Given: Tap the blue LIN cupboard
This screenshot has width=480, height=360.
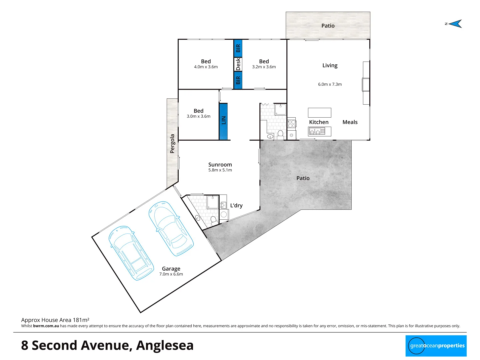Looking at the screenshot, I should tap(223, 121).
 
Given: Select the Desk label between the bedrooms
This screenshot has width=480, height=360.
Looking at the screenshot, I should tap(238, 64).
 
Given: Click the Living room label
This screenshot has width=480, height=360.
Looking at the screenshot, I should tap(330, 66).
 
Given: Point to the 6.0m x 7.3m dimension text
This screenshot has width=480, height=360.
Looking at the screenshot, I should tap(330, 84).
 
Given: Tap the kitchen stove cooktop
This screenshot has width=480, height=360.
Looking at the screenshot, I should tap(292, 124).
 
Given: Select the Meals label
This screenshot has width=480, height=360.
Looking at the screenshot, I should tap(350, 122).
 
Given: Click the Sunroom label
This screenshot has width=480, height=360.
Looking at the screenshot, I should tap(220, 165).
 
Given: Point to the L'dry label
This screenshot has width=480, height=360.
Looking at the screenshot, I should tap(236, 206).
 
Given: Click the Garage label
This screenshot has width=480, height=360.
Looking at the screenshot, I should tap(171, 269).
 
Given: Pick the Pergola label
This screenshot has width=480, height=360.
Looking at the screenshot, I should tap(172, 144).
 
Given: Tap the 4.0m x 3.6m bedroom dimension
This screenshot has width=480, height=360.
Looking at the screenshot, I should tap(206, 67).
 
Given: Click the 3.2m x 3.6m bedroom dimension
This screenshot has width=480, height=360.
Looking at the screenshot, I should tap(264, 67).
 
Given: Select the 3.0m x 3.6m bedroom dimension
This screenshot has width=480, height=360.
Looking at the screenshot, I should tap(198, 116).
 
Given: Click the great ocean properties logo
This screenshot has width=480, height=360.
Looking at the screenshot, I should tap(436, 346).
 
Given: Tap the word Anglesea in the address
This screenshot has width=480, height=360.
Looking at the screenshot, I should tap(165, 345).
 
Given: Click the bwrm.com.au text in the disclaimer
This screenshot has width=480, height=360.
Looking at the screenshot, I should tap(46, 326).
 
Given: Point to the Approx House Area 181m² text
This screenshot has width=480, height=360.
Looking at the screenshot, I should tap(55, 320).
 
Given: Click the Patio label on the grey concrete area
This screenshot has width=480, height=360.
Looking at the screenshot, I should tap(303, 178).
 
